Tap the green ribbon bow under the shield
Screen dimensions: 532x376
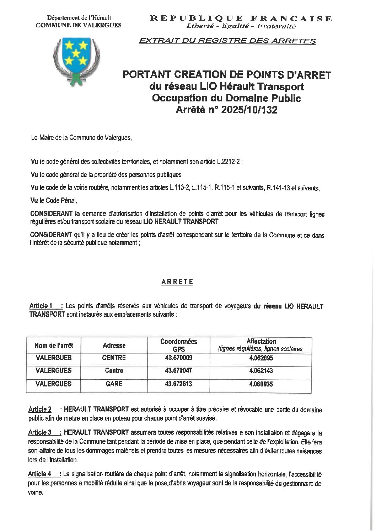pyautogui.click(x=75, y=80)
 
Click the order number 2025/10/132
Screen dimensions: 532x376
pyautogui.click(x=249, y=110)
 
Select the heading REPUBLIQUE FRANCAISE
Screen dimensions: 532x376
pyautogui.click(x=241, y=19)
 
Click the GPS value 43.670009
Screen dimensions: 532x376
pyautogui.click(x=178, y=358)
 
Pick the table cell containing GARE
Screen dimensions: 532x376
pyautogui.click(x=114, y=384)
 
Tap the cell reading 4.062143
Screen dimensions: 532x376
pyautogui.click(x=261, y=371)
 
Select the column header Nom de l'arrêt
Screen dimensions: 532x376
pyautogui.click(x=54, y=346)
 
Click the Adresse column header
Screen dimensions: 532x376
pyautogui.click(x=114, y=346)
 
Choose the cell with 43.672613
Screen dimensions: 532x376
pyautogui.click(x=178, y=384)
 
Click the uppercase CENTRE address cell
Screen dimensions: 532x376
pyautogui.click(x=114, y=358)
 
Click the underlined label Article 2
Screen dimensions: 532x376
pyautogui.click(x=40, y=410)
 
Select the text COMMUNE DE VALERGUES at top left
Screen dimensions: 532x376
pyautogui.click(x=79, y=25)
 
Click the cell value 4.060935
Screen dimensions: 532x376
pyautogui.click(x=261, y=384)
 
